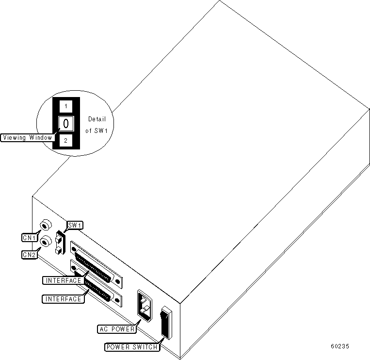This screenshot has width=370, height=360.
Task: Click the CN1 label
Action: pos(30,238)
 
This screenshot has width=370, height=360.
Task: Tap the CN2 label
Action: pos(30,254)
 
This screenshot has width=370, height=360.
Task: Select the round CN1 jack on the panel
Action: pos(45,225)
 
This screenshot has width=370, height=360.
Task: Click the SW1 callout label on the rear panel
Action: pos(75,225)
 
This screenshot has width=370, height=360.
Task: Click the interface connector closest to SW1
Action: pos(97,262)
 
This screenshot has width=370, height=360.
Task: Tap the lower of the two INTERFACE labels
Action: pos(63,299)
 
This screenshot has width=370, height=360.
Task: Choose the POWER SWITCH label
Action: pos(131,347)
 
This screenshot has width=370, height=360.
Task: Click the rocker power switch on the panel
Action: pos(166,322)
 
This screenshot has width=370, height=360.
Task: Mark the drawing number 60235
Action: pos(340,346)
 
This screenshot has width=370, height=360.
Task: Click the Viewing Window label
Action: pos(27,137)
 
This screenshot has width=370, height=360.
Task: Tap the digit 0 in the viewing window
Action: pos(65,123)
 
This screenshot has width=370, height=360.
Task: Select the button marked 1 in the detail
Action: pos(65,106)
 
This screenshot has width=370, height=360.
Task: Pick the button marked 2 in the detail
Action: pos(65,141)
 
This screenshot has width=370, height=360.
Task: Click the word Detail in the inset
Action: pos(97,119)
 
